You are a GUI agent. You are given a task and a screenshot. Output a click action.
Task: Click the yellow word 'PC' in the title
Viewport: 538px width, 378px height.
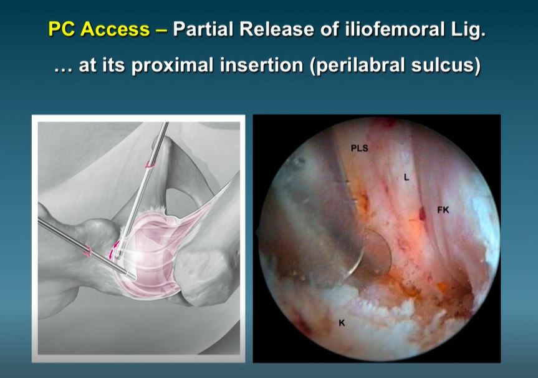64,30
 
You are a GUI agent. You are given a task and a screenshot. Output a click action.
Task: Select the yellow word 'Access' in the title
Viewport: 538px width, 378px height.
117,30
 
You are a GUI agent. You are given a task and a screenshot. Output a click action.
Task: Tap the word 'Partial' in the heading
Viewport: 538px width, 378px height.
205,30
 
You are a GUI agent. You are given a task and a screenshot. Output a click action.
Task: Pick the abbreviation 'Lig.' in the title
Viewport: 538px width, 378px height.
468,30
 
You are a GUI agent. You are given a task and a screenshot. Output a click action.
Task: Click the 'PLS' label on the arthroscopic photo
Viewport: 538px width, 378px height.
358,148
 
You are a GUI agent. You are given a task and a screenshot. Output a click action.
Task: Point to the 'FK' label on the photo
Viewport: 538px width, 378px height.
443,211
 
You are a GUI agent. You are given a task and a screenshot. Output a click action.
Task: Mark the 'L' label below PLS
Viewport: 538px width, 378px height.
406,178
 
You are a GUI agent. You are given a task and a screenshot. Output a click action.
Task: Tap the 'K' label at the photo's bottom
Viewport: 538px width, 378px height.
342,321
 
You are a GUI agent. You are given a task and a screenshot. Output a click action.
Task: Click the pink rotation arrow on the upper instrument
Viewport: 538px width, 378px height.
150,164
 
